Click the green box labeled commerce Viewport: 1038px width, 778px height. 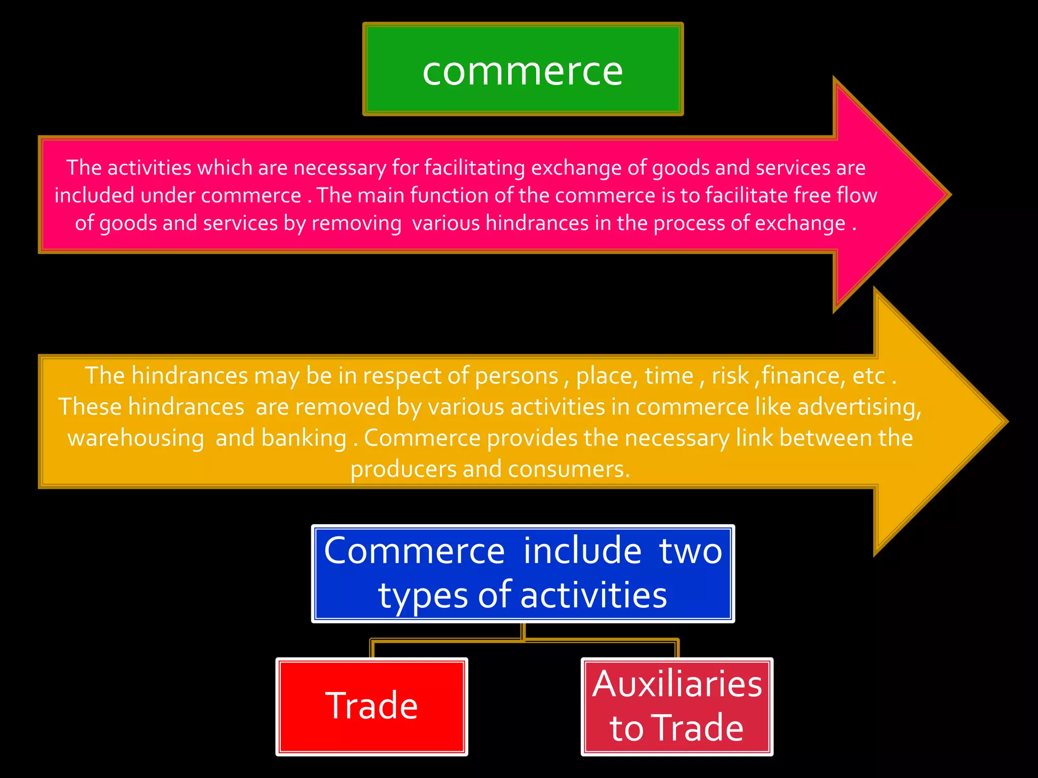point(523,69)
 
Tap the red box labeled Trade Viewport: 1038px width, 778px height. point(372,706)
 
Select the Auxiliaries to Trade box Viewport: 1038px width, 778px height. point(677,706)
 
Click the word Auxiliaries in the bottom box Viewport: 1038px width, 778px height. point(677,684)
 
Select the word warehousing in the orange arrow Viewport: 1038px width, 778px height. point(136,438)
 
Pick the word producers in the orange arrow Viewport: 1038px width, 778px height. point(403,469)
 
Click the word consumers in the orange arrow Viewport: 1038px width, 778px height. point(569,469)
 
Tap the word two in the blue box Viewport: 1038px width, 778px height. point(690,551)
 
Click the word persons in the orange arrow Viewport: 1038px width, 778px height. point(516,376)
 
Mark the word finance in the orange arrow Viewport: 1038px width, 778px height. point(803,376)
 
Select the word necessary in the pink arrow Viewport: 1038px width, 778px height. point(340,168)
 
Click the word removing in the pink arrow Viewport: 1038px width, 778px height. point(356,223)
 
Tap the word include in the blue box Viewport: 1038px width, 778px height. point(582,551)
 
